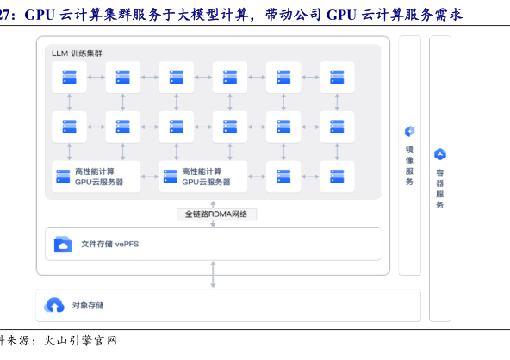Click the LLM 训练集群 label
(77, 53)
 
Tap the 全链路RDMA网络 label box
(216, 214)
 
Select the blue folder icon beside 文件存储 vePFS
(63, 245)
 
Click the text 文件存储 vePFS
(110, 244)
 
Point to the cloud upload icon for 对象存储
(54, 305)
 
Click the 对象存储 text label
(88, 306)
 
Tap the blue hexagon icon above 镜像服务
(409, 132)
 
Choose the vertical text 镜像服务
(409, 166)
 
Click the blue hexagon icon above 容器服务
(440, 154)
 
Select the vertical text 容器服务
(440, 189)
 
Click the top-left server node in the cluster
(69, 77)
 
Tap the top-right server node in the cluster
(337, 77)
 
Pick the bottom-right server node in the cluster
(337, 177)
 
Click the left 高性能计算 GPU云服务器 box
(96, 177)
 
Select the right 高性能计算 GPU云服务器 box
(203, 177)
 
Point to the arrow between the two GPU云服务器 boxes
(150, 177)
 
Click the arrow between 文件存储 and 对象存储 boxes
(213, 275)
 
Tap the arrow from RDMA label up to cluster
(213, 205)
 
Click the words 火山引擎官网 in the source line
(80, 341)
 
